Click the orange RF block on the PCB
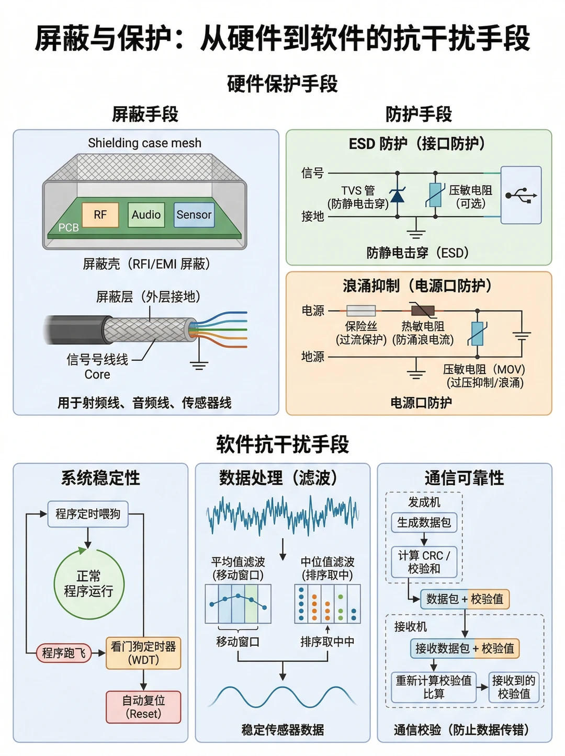pos(100,215)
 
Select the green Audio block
pos(146,215)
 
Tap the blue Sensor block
pos(194,215)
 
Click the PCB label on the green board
pos(69,227)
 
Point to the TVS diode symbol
pos(397,195)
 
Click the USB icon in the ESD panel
pos(521,196)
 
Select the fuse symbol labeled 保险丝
pos(360,311)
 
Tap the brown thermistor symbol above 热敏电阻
pos(423,311)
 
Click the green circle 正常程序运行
pos(89,584)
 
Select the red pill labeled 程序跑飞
pos(64,653)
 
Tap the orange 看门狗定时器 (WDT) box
pos(143,653)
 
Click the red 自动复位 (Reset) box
pos(143,707)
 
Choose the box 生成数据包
pos(424,522)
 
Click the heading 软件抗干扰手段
pos(282,444)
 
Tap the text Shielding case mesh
pos(144,143)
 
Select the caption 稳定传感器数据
pos(282,729)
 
